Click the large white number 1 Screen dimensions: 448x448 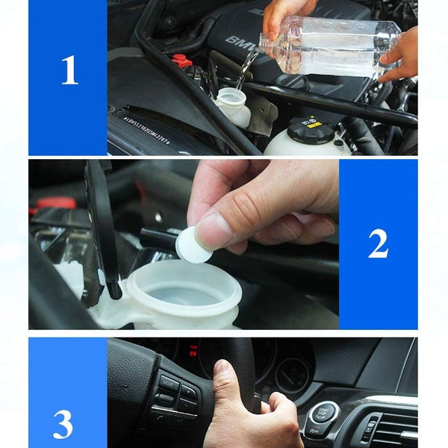69,69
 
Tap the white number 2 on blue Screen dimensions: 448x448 378,243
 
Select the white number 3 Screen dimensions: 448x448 63,423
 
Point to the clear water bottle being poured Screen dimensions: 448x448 329,46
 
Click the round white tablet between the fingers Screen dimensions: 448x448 192,245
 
